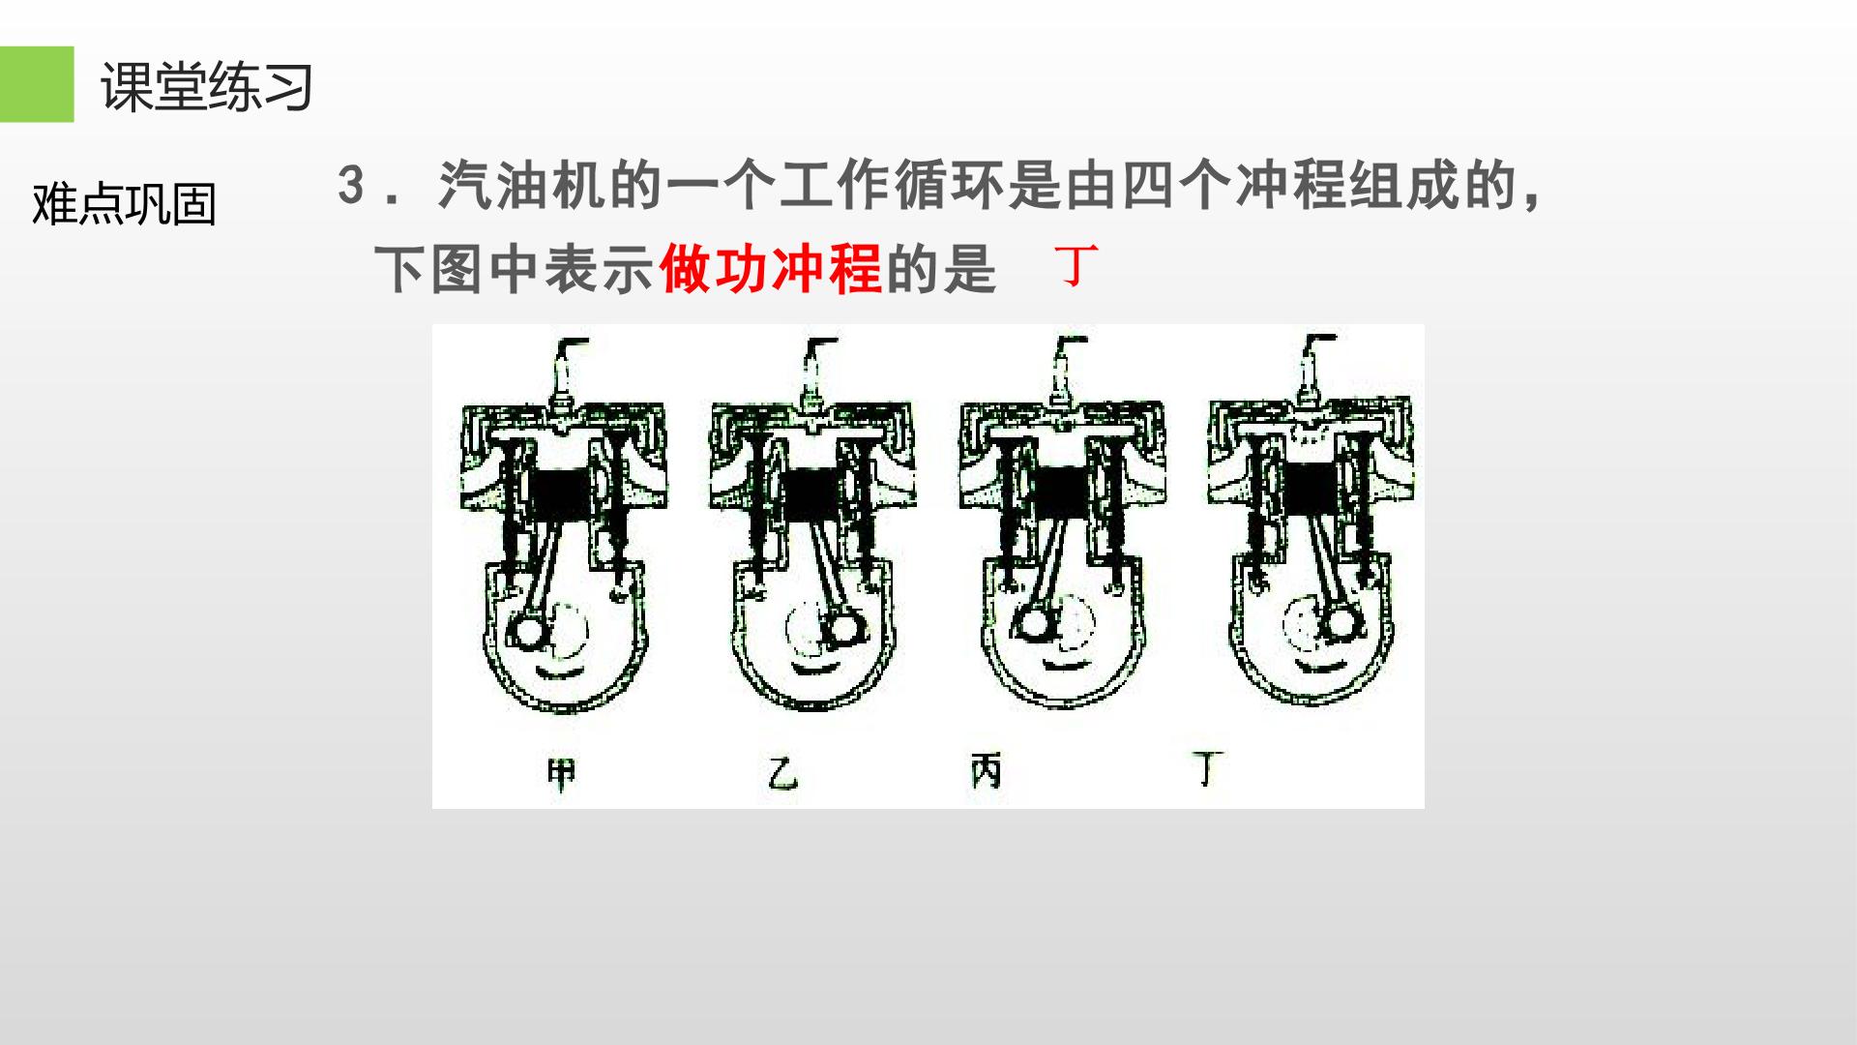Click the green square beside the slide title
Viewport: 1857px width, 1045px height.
pos(37,84)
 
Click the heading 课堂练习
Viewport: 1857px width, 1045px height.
pos(207,87)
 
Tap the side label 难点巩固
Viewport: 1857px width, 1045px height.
pos(124,204)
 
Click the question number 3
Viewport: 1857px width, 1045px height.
pos(351,184)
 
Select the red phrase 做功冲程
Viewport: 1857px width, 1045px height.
pos(771,268)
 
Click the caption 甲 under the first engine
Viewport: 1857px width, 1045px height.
pos(562,773)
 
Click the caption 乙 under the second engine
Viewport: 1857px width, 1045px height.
pos(783,773)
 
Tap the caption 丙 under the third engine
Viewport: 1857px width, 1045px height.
pos(986,771)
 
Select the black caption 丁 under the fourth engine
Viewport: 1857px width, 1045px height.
pos(1206,769)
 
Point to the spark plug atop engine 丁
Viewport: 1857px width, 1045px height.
pos(1314,371)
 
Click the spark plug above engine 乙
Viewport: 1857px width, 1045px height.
pos(816,373)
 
